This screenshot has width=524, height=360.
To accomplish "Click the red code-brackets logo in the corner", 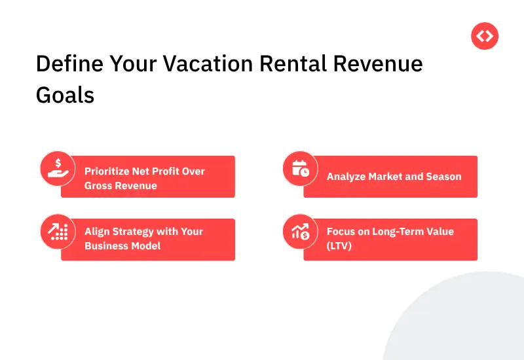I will click(485, 37).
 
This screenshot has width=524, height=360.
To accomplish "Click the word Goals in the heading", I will click(65, 96).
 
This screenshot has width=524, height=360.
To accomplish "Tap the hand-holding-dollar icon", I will click(58, 168).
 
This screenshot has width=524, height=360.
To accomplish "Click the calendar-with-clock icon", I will click(300, 168).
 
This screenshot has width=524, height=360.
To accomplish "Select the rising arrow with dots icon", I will click(58, 231).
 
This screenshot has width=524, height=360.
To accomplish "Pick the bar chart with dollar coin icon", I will click(300, 231).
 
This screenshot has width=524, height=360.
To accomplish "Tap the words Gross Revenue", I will click(121, 185).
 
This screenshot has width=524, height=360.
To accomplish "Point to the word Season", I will click(443, 177).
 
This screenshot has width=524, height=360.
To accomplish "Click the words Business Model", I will click(122, 246).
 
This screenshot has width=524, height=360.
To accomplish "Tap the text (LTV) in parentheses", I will click(339, 246).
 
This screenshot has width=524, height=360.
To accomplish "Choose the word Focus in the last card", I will click(341, 232).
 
